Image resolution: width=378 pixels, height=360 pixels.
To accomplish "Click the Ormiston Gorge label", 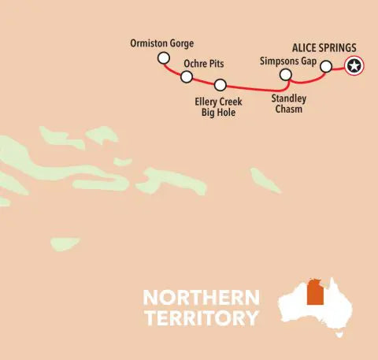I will (x=161, y=43).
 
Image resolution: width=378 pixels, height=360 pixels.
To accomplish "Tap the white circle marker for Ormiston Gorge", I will (x=163, y=58).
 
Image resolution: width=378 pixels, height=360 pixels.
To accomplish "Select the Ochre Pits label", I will (x=205, y=62).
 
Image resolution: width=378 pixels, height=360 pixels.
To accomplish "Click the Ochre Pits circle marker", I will (x=187, y=76).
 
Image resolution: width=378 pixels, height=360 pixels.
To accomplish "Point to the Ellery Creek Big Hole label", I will (x=217, y=106).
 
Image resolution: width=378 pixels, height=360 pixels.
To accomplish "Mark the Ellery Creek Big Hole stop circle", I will (x=220, y=85).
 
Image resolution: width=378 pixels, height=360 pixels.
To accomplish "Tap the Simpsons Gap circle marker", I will (x=326, y=67).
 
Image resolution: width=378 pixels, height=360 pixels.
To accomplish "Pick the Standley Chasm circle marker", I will (x=287, y=75).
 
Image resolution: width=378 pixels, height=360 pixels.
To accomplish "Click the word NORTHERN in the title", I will (x=201, y=299).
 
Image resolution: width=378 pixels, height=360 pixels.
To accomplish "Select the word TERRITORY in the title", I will (x=201, y=318).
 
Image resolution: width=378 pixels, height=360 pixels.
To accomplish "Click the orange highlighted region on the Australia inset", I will (x=316, y=292).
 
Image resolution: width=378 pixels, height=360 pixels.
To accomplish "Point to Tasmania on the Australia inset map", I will (x=339, y=332).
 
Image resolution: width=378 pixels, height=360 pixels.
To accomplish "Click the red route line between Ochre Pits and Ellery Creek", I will (x=203, y=82).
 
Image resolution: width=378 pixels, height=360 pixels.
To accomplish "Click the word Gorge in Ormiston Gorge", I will (x=180, y=43).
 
